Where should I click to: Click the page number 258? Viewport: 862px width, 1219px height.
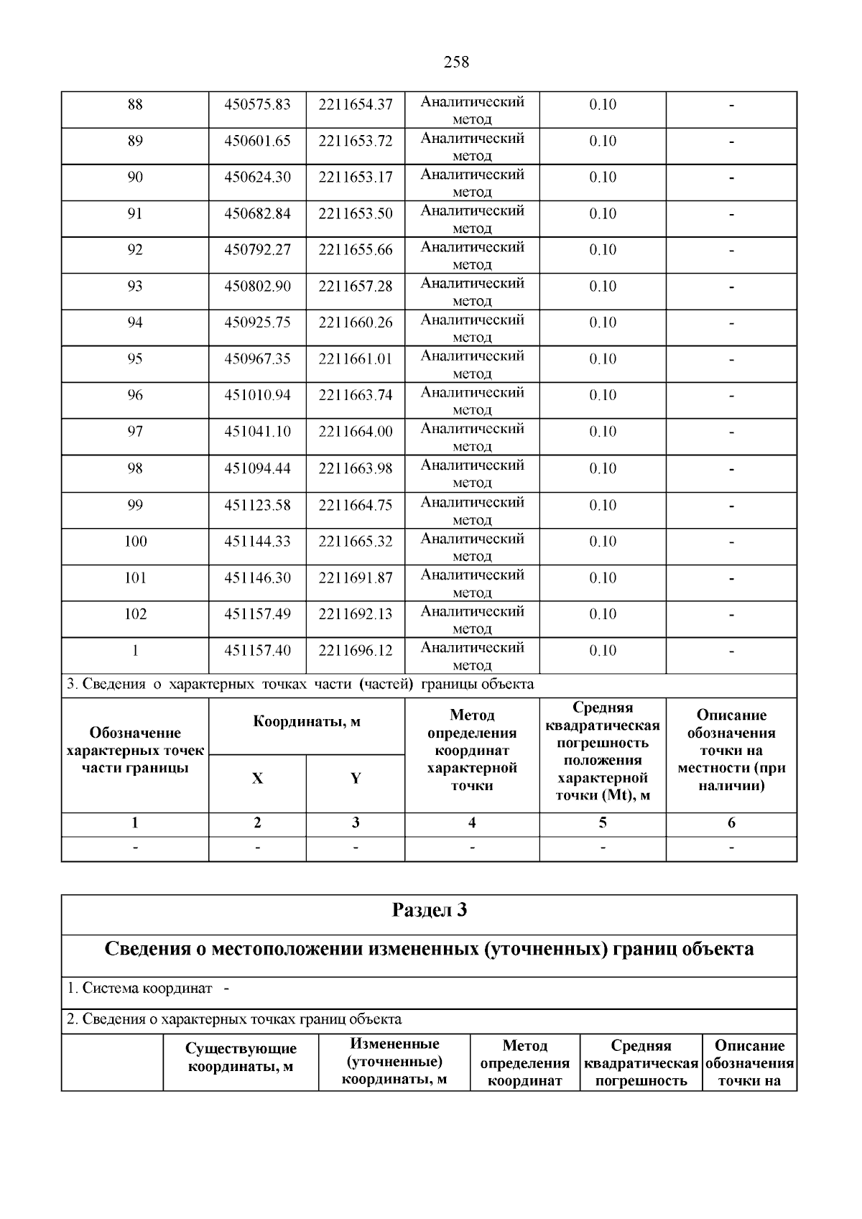(456, 62)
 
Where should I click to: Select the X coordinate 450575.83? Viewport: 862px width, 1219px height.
(257, 105)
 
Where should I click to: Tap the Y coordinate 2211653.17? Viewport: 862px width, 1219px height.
(356, 177)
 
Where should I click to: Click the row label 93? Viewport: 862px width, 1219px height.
(134, 287)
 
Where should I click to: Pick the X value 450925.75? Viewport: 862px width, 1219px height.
(257, 323)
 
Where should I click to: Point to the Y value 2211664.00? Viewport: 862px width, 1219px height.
(356, 432)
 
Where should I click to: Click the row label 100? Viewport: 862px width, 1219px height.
(134, 542)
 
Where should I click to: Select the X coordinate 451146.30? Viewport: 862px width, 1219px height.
(257, 578)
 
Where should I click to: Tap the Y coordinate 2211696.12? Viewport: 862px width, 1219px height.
(356, 651)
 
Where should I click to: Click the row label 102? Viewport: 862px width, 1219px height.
(134, 614)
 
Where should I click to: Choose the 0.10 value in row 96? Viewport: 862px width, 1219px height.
(603, 395)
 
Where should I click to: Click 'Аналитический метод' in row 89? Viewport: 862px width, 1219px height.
(472, 147)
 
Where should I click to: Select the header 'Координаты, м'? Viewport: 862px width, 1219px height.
(307, 722)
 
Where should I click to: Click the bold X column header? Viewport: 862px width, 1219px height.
(257, 779)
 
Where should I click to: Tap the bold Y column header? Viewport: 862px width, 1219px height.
(356, 779)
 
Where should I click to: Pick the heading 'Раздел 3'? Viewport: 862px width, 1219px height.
(429, 911)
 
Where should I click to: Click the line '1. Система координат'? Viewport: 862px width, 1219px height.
(139, 988)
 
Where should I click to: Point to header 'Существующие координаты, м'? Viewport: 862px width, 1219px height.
(241, 1058)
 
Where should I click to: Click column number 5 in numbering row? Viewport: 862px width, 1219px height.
(602, 823)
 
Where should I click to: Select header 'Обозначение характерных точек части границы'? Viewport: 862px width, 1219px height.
(134, 751)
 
